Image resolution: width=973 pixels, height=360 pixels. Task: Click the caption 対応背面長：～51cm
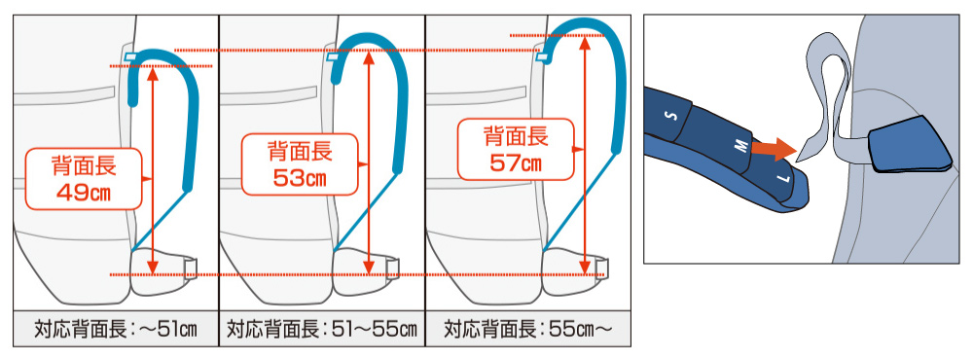coord(116,328)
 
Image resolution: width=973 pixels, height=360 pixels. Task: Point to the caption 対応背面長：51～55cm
coord(321,328)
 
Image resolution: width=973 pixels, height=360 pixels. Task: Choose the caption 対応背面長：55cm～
coord(527,328)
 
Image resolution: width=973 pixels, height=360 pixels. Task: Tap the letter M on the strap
coord(739,147)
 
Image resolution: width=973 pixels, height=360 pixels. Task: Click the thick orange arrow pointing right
coord(774,149)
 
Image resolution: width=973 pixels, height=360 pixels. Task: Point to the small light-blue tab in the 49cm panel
coord(130,57)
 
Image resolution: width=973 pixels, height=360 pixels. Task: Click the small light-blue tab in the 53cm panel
coord(333,57)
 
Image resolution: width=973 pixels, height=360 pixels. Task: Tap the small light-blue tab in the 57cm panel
coord(542,57)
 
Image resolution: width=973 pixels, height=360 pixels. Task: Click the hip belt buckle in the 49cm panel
coord(192,269)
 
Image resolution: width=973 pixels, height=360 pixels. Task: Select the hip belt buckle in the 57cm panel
coord(604,269)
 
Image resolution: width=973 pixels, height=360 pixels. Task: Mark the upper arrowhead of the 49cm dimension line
coord(154,73)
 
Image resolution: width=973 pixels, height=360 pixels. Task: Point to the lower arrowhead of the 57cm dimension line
coord(584,267)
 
